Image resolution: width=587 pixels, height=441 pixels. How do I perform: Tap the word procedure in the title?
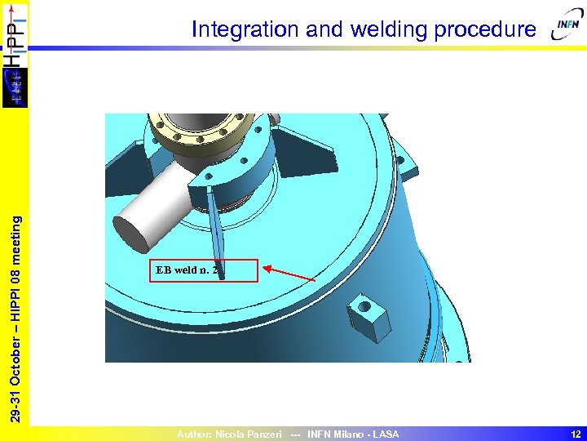(485, 30)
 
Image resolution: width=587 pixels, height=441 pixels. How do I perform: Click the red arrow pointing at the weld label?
(289, 274)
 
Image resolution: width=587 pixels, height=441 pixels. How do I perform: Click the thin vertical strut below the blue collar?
(216, 225)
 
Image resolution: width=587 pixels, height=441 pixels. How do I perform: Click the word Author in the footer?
(194, 434)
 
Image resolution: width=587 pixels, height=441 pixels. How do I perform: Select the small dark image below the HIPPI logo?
(14, 88)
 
